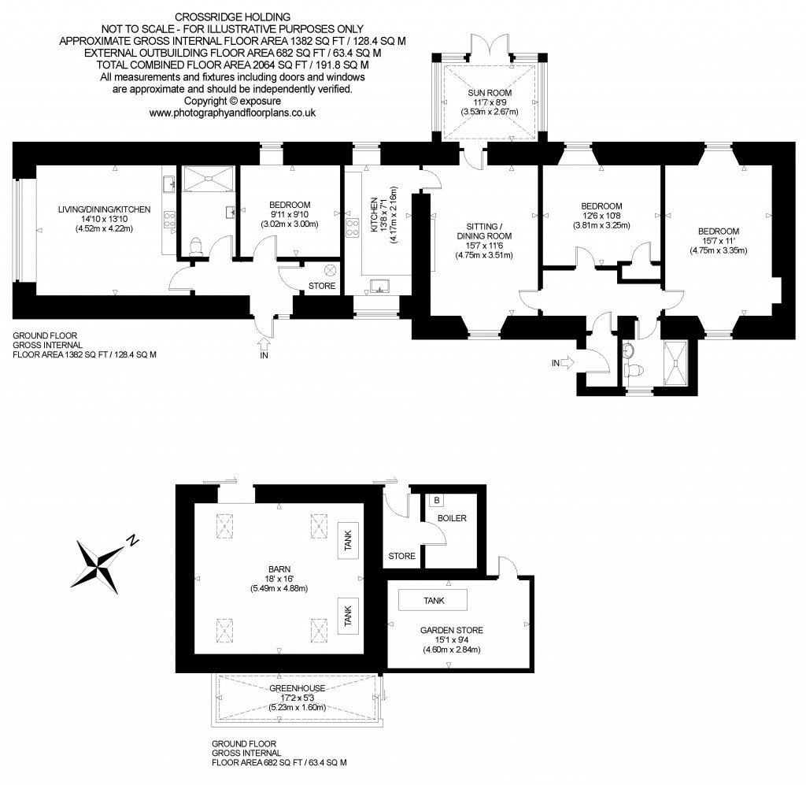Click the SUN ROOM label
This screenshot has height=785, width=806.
coord(490,93)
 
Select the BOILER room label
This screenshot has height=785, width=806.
coord(452,518)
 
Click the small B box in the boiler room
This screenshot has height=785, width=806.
coord(437,500)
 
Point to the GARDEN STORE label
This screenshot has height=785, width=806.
coord(451,630)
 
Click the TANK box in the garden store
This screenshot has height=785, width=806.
coord(434,600)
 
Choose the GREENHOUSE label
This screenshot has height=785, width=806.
coord(297,688)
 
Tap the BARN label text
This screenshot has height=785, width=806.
coord(279,569)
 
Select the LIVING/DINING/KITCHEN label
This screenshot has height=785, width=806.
coord(104,209)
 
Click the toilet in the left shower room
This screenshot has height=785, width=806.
coord(196,246)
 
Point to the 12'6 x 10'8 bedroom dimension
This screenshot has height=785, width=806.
coord(601,216)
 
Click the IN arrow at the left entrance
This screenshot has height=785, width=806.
coord(264,343)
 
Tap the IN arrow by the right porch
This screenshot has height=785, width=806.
coord(567,363)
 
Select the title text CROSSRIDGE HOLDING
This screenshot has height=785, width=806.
coord(232,17)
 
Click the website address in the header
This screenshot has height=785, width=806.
coord(232,113)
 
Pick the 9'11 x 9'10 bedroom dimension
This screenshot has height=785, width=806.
coord(290,214)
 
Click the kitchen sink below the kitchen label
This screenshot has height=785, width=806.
coord(379,285)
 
